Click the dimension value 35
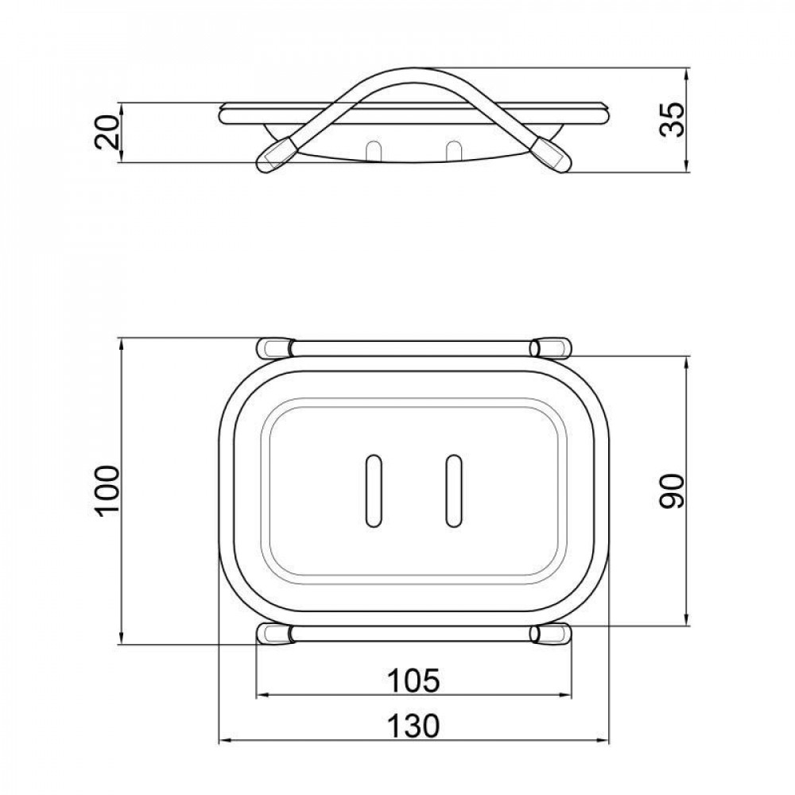(673, 120)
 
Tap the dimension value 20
(107, 132)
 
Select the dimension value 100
(107, 491)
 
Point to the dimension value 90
(673, 491)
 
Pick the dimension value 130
(413, 726)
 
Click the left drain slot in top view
(374, 491)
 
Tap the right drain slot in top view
(454, 491)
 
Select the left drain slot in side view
(374, 150)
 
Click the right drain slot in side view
(454, 150)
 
